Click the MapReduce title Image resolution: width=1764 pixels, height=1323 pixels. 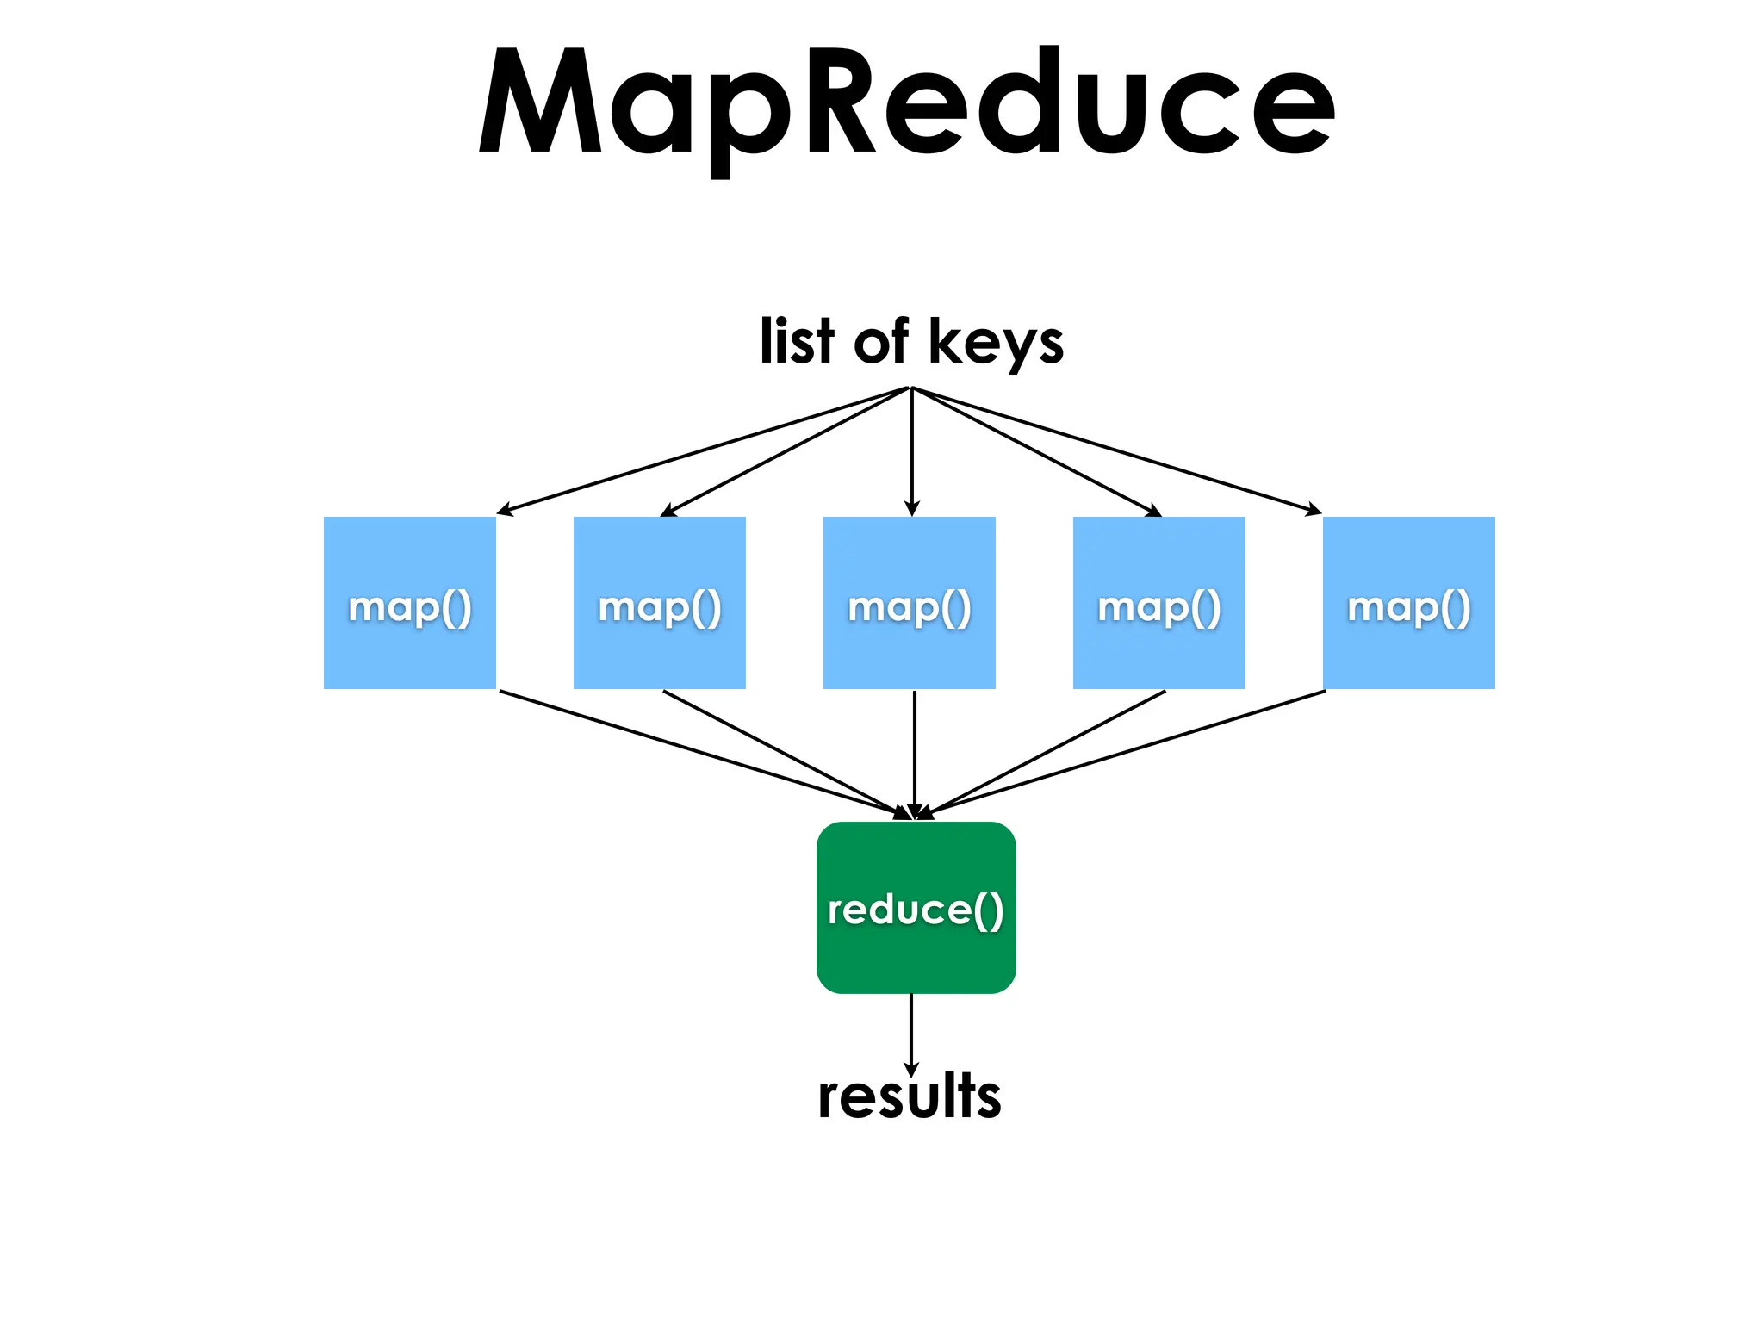pos(906,103)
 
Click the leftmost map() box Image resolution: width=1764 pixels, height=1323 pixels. pos(410,603)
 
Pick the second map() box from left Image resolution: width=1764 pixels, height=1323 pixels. pos(660,603)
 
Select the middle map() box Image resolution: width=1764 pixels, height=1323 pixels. pos(910,603)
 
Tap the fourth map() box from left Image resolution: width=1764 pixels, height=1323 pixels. pos(1159,603)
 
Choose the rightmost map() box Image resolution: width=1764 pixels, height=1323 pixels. pos(1409,603)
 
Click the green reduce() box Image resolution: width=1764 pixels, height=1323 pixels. pos(916,908)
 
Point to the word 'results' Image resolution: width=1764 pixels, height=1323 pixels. pos(910,1097)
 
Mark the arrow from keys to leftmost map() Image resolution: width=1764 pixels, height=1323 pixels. pos(705,450)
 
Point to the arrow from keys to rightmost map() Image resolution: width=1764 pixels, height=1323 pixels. pos(1116,450)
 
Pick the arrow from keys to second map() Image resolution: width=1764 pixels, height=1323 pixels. pos(786,451)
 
